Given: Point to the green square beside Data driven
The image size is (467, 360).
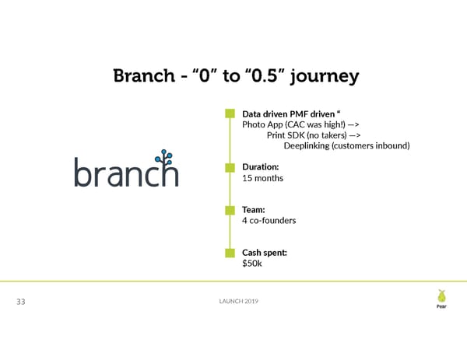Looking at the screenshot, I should tap(230, 114).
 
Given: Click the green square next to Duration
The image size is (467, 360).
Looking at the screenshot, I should tap(230, 167).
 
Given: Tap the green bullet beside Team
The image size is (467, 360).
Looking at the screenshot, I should tap(230, 210).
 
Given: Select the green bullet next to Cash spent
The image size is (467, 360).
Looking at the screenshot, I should tap(230, 253).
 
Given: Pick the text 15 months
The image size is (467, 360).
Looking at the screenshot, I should tap(263, 179).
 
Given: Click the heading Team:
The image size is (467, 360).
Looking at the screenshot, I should tap(254, 210).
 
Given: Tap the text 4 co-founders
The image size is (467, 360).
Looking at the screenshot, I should tap(269, 221).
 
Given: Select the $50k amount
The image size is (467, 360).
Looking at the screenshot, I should tap(252, 264).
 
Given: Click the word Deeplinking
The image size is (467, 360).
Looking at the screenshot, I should tap(311, 145).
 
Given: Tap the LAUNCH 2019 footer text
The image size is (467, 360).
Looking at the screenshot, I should tap(233, 302).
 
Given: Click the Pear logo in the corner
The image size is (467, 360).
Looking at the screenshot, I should tap(441, 299).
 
